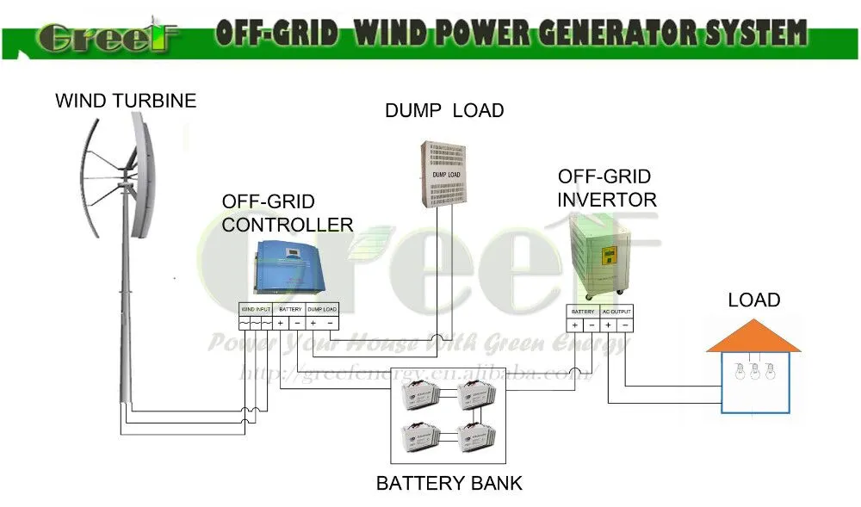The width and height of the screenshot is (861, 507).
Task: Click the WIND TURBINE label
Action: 126,101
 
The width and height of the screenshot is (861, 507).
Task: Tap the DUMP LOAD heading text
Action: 443,110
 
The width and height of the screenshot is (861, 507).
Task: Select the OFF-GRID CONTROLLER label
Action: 287,213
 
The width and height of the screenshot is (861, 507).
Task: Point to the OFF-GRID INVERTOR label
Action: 606,189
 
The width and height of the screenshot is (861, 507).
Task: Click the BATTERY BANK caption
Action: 449,483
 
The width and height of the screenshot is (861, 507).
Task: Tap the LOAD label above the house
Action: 753,300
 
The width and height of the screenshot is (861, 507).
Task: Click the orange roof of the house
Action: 753,337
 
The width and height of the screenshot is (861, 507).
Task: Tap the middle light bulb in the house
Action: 755,373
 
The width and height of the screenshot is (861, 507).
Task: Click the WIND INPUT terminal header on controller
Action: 257,308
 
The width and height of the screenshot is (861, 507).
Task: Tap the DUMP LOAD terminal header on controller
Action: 321,308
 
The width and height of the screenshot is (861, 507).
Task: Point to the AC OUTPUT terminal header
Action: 616,311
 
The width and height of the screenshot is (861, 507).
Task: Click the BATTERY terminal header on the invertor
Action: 583,311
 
